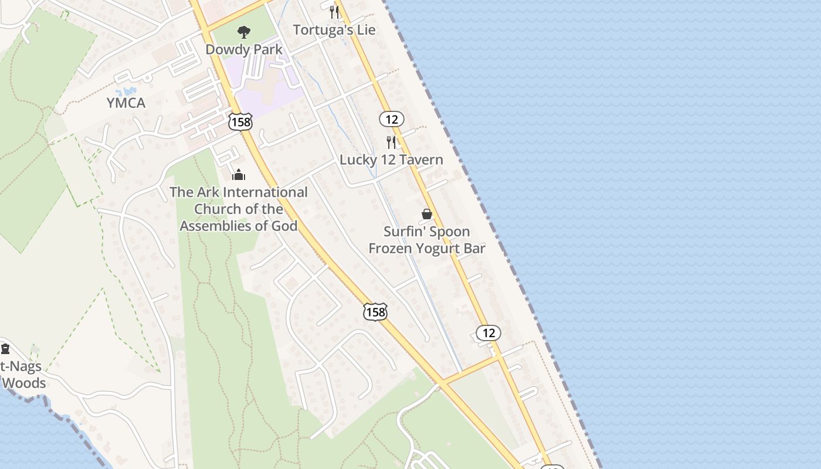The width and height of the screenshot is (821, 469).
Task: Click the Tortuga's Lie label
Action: tap(334, 30)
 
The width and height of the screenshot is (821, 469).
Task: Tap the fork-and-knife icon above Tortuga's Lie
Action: tap(334, 11)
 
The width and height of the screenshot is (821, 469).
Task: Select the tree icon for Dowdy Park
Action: tap(243, 32)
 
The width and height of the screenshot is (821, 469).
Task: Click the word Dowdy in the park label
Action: tap(223, 50)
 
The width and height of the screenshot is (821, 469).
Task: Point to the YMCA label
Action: tap(125, 103)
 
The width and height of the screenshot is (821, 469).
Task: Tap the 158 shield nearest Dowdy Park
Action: tap(240, 122)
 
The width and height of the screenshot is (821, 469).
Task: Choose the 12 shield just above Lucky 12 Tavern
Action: tap(391, 120)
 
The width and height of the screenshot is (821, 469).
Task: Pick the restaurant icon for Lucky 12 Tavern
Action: tap(391, 142)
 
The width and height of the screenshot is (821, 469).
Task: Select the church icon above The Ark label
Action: tap(238, 175)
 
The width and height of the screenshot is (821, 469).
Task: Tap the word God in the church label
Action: tap(284, 226)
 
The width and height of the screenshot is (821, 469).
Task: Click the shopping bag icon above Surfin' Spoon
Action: tap(427, 214)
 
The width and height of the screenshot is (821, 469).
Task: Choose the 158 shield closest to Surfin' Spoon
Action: tap(375, 312)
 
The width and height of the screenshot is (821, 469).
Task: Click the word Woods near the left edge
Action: tap(23, 383)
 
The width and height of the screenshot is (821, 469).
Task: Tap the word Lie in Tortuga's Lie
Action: tap(364, 30)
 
